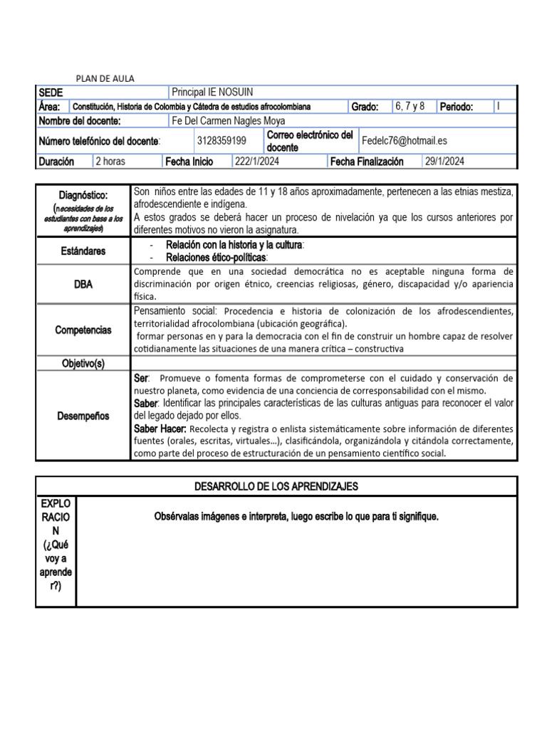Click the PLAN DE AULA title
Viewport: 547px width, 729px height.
click(x=105, y=78)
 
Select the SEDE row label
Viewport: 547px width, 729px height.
click(x=51, y=93)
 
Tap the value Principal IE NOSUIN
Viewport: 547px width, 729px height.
click(x=212, y=93)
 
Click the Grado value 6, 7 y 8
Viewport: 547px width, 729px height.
click(x=410, y=106)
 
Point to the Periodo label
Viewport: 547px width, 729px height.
click(x=457, y=107)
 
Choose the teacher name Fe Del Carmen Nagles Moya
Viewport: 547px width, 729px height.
click(x=229, y=121)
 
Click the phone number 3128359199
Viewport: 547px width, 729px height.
click(x=222, y=141)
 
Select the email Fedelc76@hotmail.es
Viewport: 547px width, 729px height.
click(x=405, y=141)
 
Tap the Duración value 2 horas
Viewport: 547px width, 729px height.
click(x=110, y=162)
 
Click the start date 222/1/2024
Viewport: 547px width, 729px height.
click(x=257, y=162)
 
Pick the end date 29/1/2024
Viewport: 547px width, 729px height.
click(x=444, y=162)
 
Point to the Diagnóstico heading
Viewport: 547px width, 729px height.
click(x=83, y=195)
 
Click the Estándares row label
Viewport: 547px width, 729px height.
click(x=83, y=251)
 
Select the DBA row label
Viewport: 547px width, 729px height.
click(x=83, y=284)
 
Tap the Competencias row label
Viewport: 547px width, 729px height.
click(x=83, y=330)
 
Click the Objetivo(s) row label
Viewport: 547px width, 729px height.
click(x=83, y=364)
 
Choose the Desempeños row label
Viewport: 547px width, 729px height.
click(x=83, y=416)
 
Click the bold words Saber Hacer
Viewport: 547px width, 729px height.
click(x=160, y=429)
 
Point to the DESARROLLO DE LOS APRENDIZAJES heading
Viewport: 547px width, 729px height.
click(x=276, y=486)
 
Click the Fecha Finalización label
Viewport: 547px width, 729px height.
click(x=367, y=162)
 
